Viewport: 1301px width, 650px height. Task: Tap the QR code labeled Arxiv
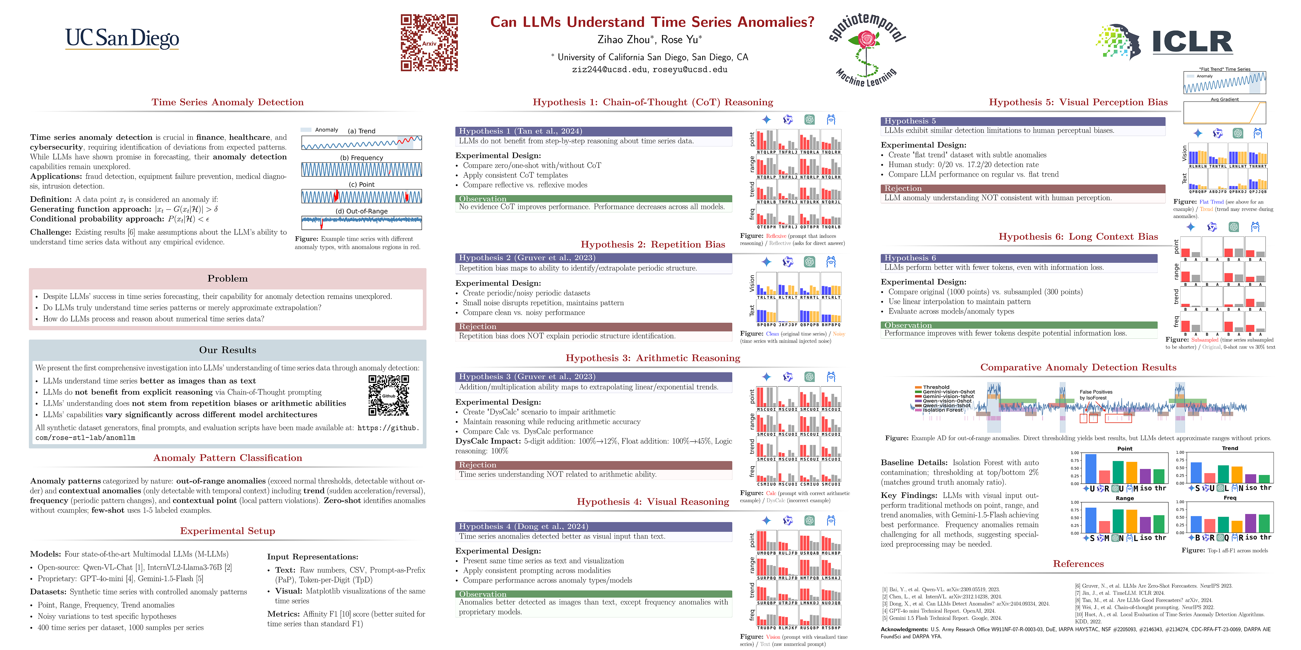(429, 43)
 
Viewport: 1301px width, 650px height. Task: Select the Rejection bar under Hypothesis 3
(593, 465)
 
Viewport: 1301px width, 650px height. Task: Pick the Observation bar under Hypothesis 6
(1019, 325)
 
